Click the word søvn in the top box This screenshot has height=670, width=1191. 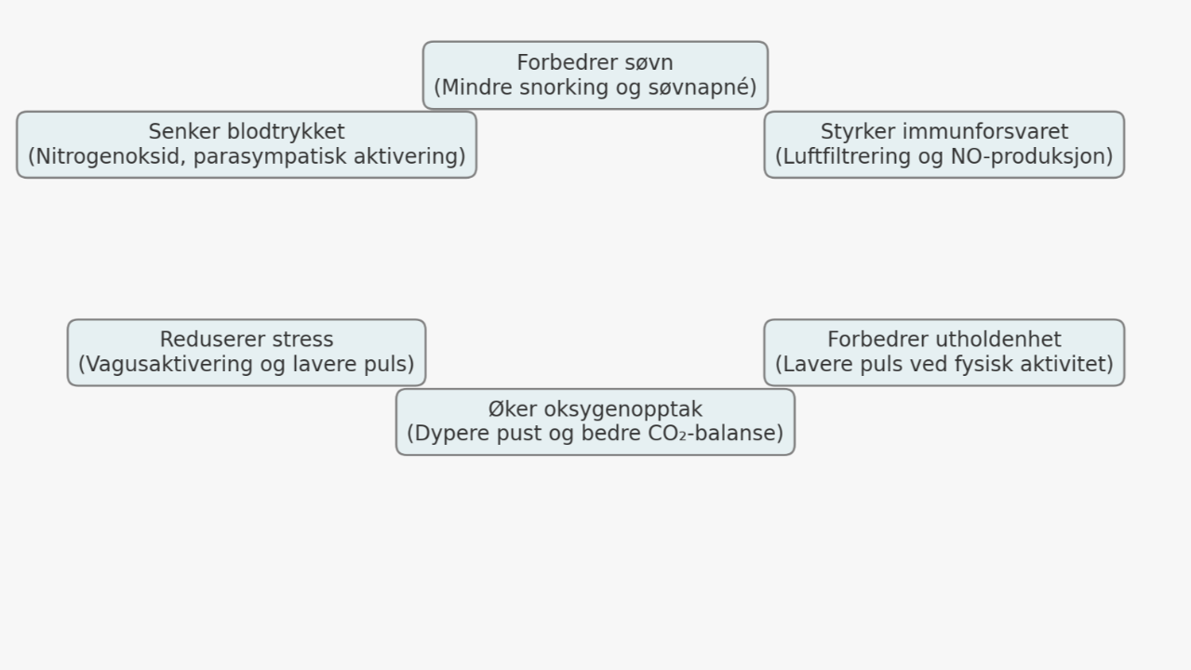649,63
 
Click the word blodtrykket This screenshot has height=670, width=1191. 286,132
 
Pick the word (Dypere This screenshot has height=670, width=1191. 447,434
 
